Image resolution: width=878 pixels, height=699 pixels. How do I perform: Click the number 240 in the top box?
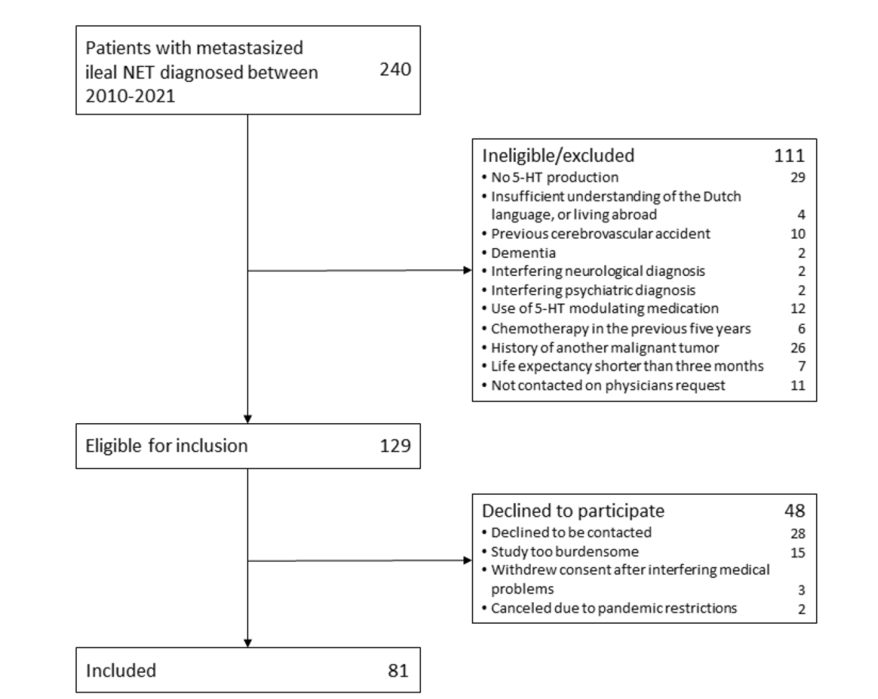click(396, 69)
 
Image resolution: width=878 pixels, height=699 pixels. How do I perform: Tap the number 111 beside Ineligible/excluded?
click(789, 156)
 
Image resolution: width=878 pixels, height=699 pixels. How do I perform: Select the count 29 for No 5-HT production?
click(798, 178)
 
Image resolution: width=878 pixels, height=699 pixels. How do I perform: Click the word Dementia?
click(523, 253)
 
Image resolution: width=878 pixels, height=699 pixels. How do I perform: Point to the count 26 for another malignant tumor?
click(798, 348)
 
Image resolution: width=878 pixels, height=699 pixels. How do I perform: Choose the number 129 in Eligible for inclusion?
click(396, 445)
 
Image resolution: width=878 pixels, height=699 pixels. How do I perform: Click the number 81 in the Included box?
click(398, 671)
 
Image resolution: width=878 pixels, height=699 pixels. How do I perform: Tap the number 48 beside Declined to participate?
click(795, 511)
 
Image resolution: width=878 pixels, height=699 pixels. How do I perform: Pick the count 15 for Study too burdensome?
click(798, 552)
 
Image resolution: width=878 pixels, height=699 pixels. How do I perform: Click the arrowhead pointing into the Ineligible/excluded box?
click(468, 270)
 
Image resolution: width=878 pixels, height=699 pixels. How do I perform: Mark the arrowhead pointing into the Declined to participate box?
click(468, 560)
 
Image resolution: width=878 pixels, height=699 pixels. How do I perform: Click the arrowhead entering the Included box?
click(248, 643)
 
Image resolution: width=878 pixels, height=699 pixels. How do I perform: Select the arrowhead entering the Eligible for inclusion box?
click(248, 419)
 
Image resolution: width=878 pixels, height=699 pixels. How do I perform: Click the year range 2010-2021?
click(130, 96)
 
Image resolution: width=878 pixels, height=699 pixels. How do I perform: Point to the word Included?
click(120, 671)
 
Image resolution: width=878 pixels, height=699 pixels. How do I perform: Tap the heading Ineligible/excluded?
click(558, 156)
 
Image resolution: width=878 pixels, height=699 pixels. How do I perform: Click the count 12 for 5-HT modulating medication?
click(798, 309)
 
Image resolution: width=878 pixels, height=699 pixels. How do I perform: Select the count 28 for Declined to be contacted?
click(798, 534)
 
